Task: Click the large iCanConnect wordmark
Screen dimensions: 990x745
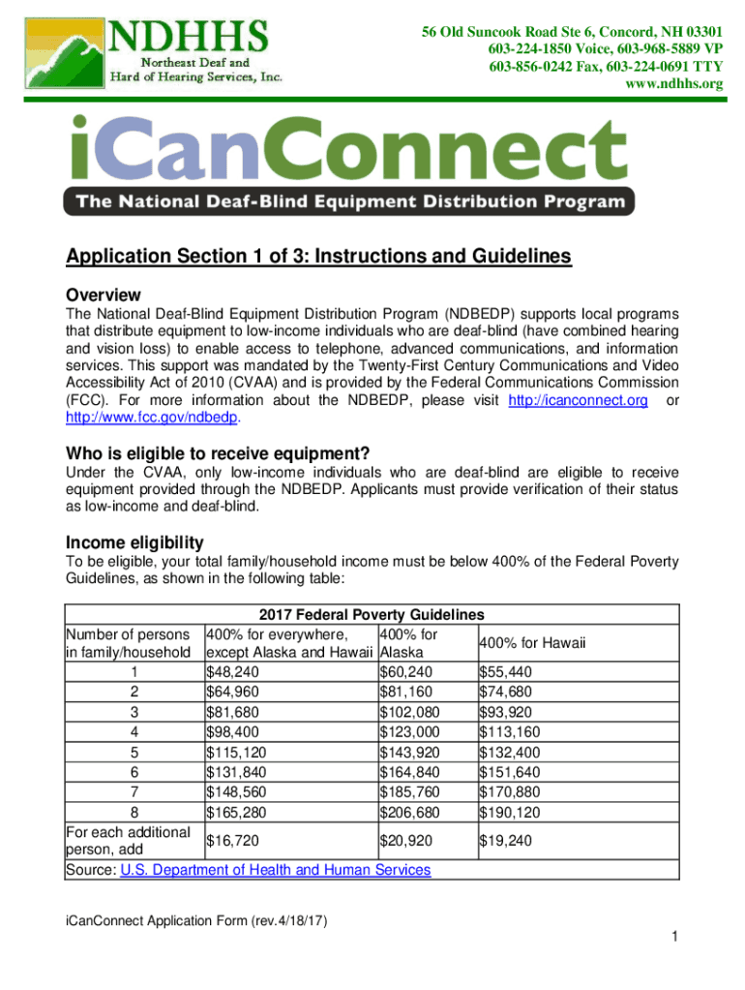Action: [x=349, y=150]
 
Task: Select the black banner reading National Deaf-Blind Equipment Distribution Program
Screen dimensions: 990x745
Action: [x=349, y=202]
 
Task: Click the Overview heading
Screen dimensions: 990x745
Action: [x=103, y=295]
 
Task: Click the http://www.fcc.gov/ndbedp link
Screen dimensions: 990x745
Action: [x=151, y=419]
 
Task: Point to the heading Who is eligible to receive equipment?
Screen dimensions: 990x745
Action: [x=218, y=453]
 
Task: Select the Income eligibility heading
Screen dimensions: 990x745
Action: [x=134, y=541]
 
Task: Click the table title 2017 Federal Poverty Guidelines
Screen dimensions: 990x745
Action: [x=372, y=615]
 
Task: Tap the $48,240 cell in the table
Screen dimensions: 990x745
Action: [x=232, y=671]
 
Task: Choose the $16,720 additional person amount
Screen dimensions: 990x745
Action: [x=232, y=841]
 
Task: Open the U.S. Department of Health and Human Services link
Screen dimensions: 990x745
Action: [x=276, y=870]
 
